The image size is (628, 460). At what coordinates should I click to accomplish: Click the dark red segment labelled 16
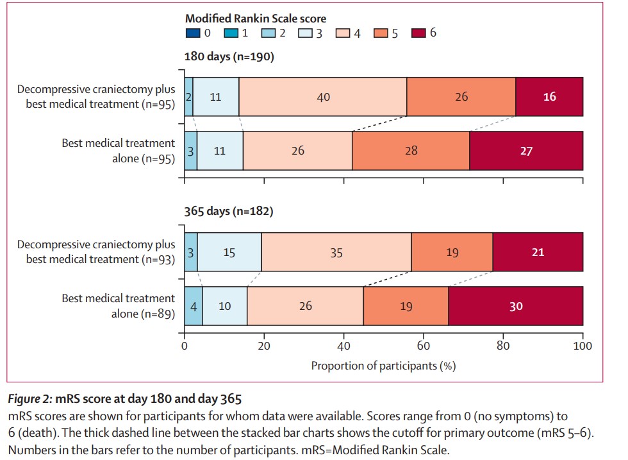(549, 97)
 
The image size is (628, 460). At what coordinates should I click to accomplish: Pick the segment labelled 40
(323, 97)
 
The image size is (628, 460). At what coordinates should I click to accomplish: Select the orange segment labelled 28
(411, 151)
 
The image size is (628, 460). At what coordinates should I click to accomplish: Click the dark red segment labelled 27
(526, 151)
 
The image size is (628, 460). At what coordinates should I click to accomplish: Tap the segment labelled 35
(336, 252)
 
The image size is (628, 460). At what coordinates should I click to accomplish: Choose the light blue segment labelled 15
(229, 252)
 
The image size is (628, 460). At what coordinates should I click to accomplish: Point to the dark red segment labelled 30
(516, 306)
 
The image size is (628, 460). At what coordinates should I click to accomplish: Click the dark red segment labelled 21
(538, 252)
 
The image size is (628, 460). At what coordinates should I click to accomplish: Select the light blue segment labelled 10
(225, 306)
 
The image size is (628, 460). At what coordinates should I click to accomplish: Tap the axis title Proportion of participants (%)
(383, 366)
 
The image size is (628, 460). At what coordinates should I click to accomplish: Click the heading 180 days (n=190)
(229, 57)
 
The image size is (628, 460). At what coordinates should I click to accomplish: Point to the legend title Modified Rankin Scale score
(256, 18)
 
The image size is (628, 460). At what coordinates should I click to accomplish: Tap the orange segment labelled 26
(461, 97)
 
